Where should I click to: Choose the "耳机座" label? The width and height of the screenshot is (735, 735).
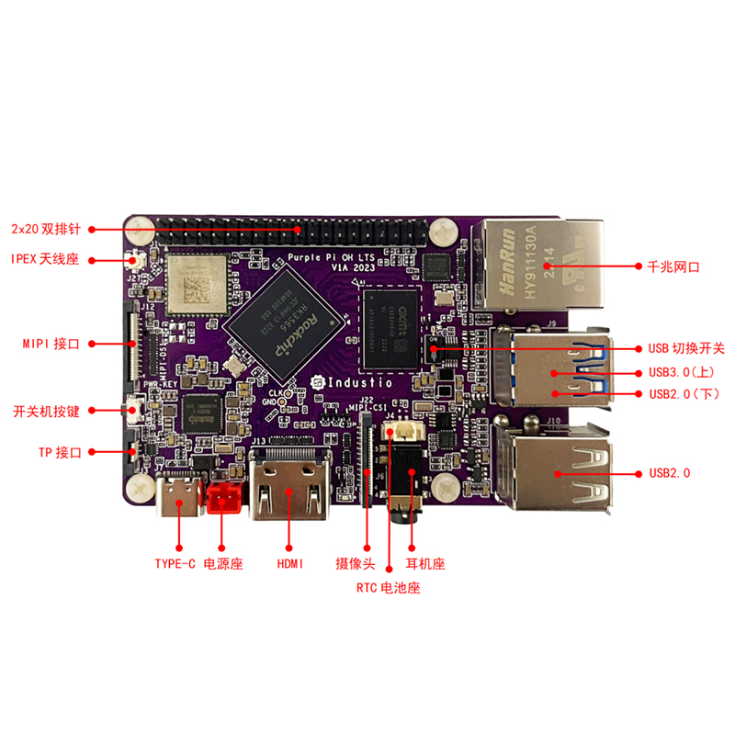coord(425,563)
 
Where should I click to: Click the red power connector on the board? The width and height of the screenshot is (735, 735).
coord(223,501)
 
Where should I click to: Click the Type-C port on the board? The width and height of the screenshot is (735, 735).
coord(179,502)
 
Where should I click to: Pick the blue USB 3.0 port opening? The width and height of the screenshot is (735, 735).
coord(551,359)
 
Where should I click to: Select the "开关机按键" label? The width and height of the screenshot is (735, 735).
coord(46,411)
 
